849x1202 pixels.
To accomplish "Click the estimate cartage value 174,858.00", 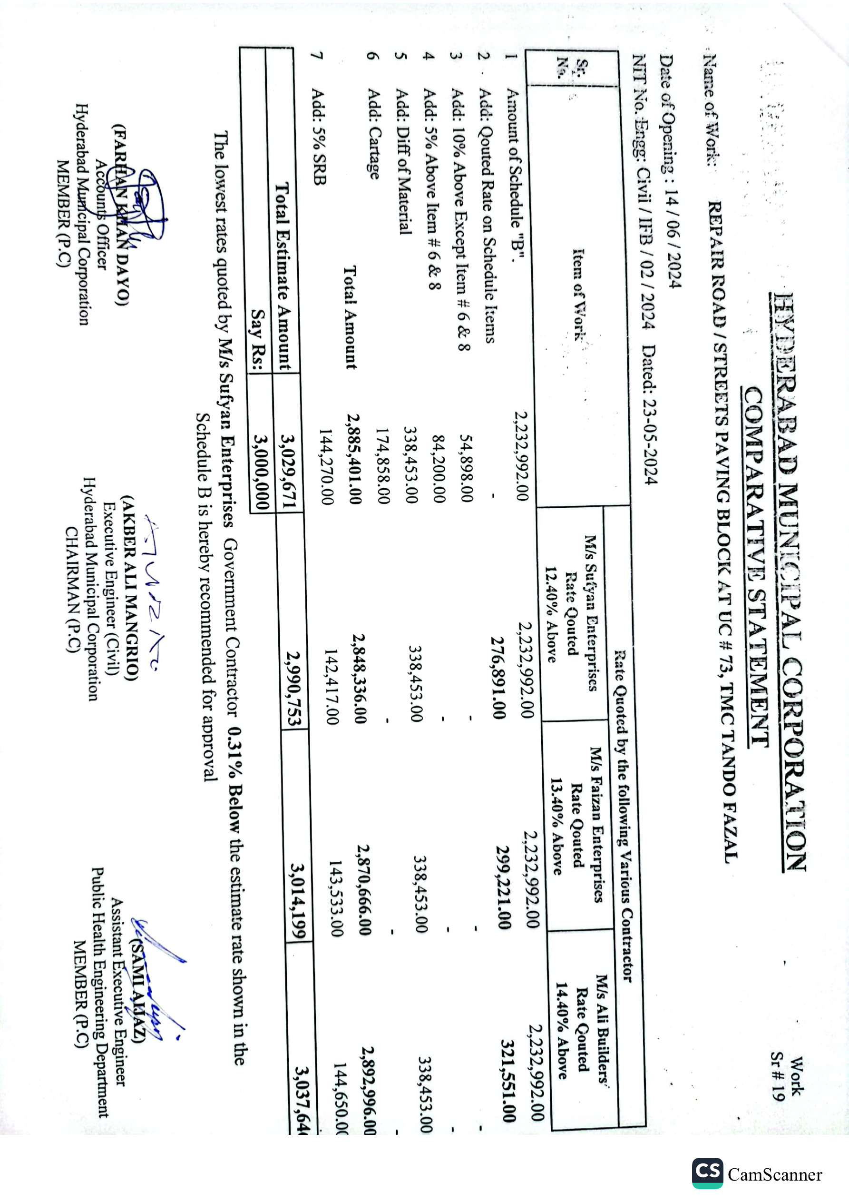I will (383, 465).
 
